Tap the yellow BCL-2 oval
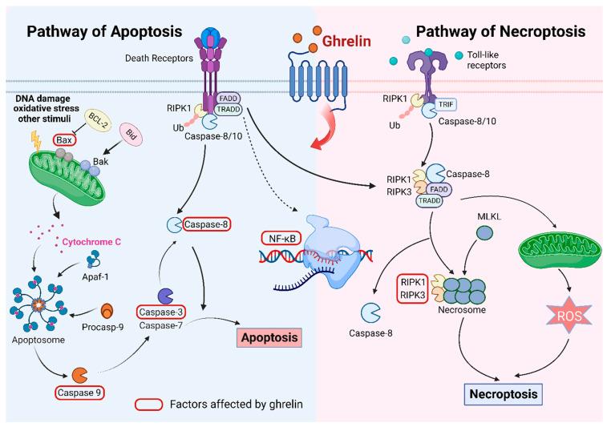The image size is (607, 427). coord(99,118)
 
